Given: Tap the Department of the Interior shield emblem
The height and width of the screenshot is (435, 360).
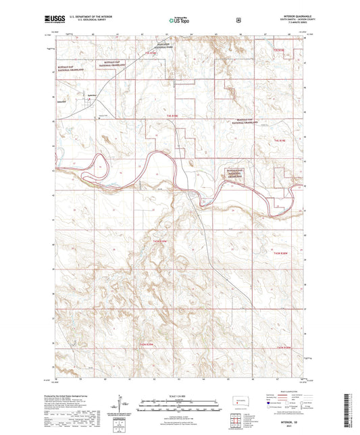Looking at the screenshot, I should [x=238, y=20].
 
